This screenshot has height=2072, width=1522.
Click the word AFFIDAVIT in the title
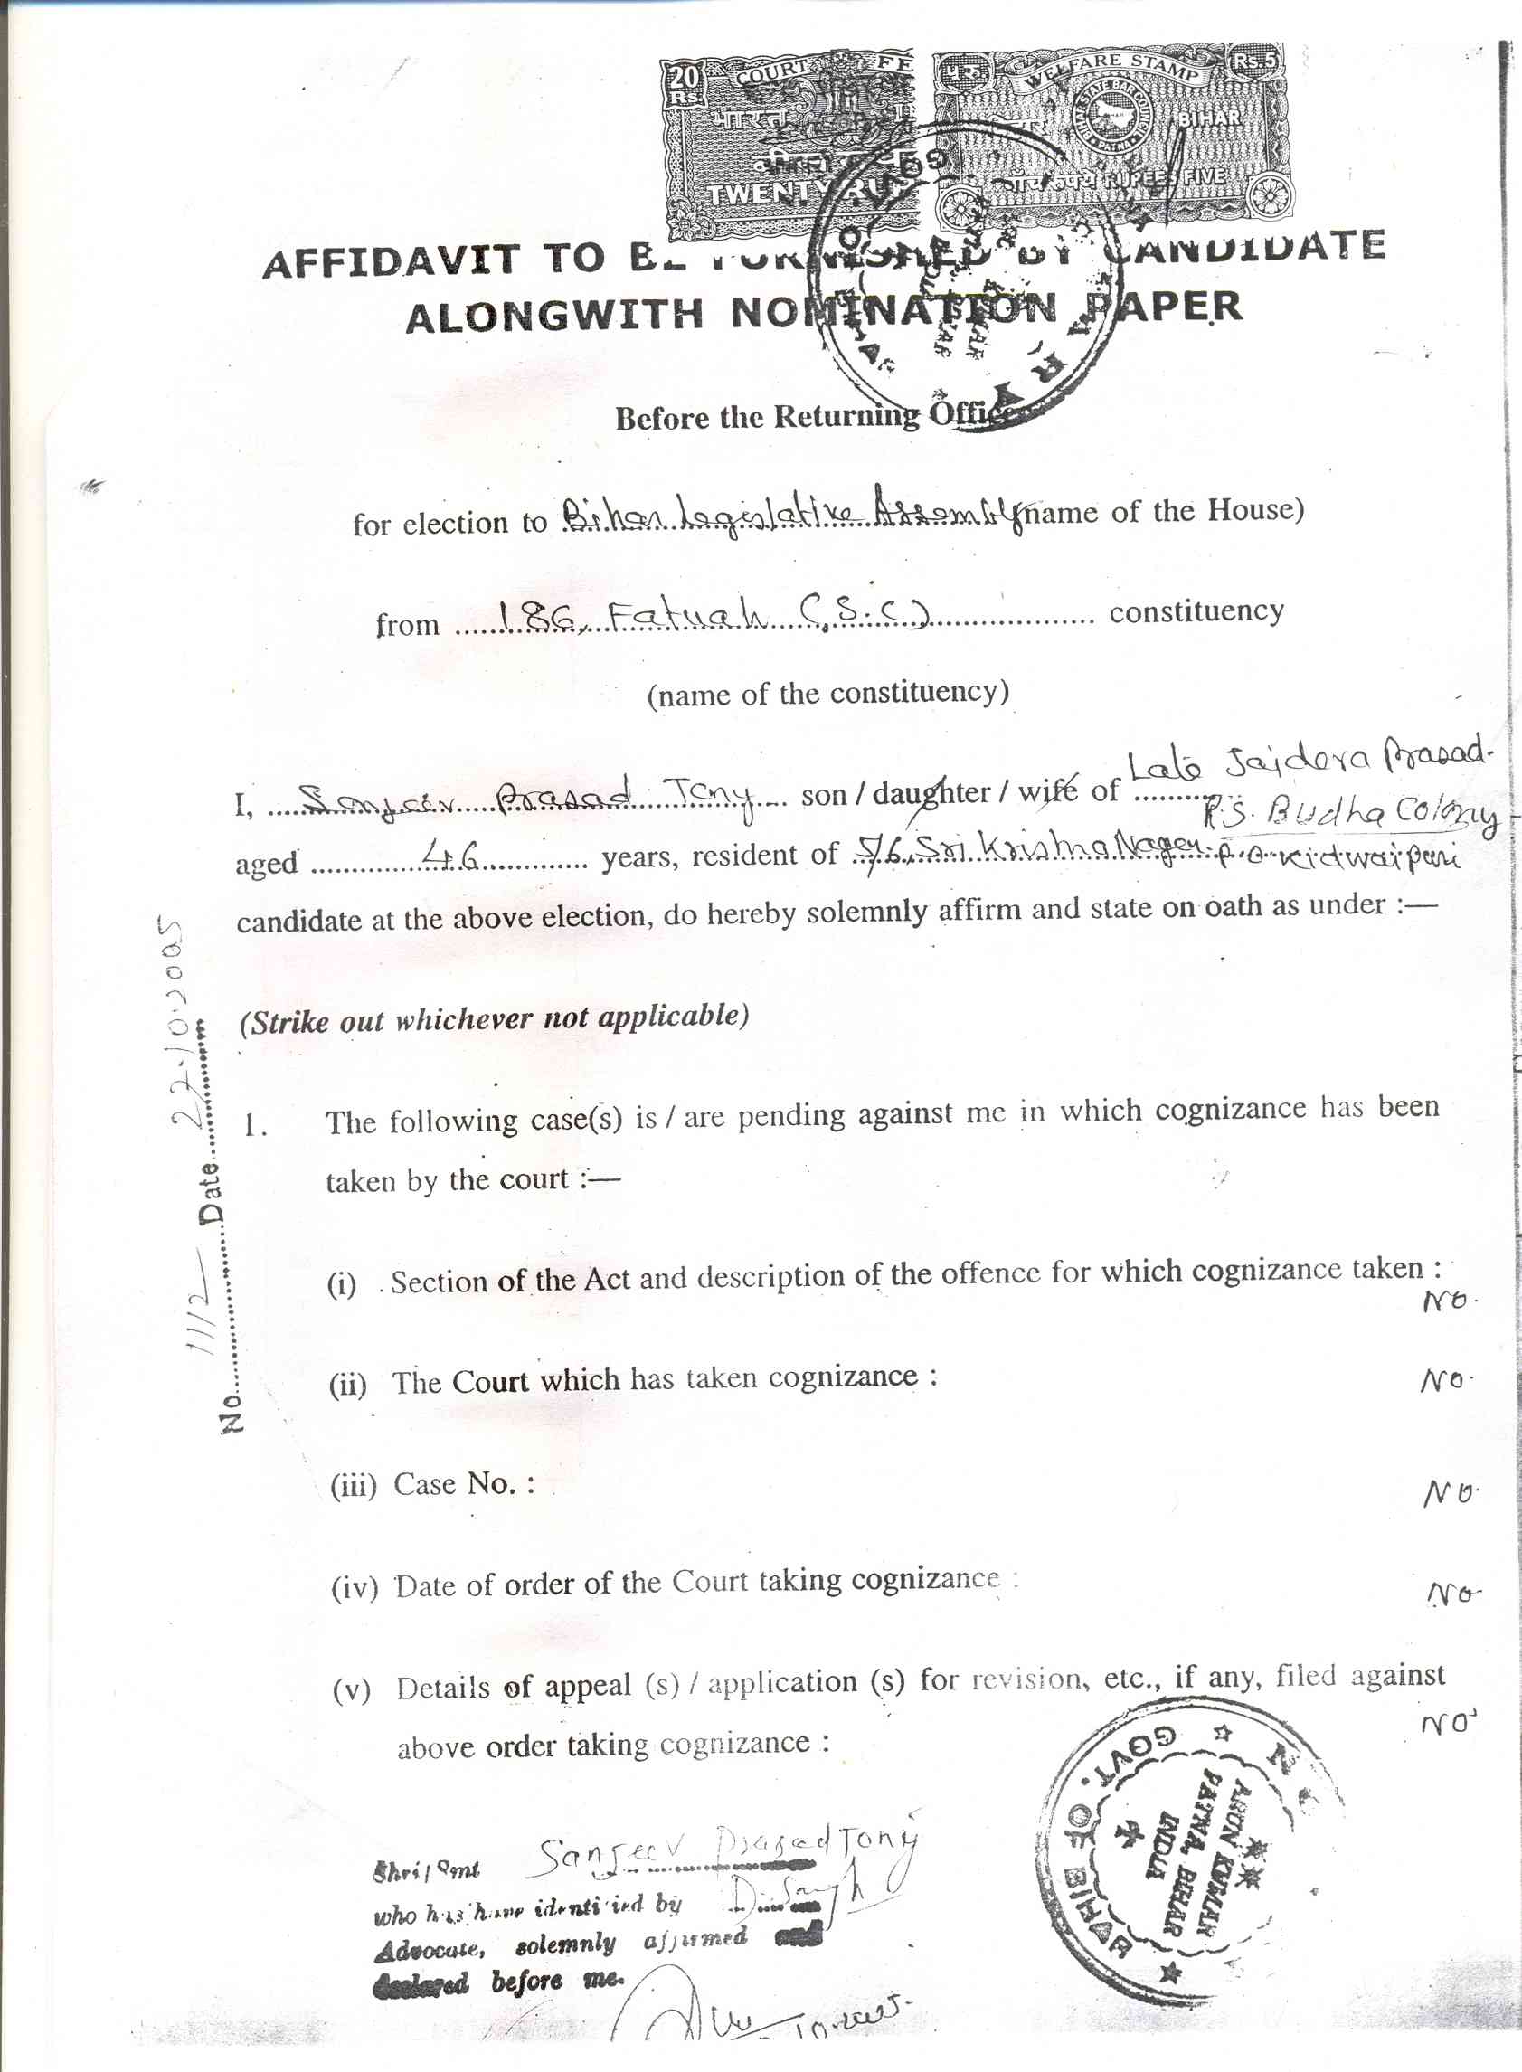391,261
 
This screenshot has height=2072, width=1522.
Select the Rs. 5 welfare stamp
1111,138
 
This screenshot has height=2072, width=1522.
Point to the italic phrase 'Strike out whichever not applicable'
494,1019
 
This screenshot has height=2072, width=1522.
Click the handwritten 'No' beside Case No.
1451,1492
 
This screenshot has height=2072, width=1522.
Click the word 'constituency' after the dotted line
1196,611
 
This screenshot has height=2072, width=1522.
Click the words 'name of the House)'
1165,511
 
